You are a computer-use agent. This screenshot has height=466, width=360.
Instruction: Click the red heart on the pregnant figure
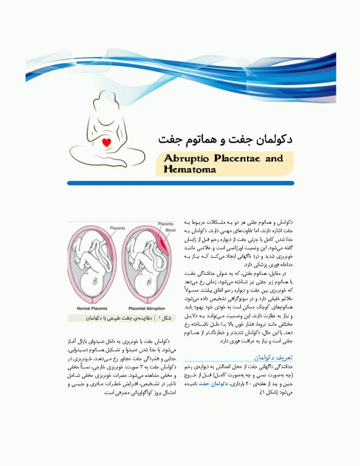tap(106, 143)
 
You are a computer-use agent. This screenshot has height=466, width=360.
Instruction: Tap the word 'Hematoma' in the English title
tap(190, 169)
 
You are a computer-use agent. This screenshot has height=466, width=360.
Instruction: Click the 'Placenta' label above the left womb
tap(118, 228)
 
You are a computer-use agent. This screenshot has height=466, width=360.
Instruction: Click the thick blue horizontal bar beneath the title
tap(180, 183)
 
